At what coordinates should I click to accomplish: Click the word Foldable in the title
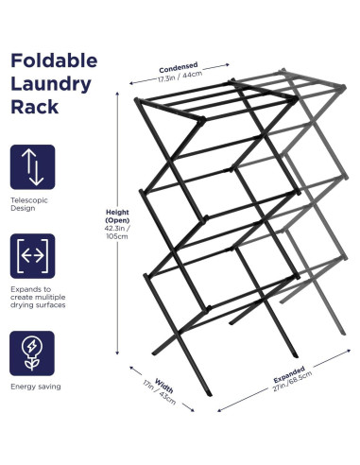[53, 61]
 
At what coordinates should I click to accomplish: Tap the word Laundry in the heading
[51, 84]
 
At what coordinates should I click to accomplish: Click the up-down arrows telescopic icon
[33, 165]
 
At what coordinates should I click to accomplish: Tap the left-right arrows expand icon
[33, 255]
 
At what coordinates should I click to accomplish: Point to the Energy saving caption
[37, 387]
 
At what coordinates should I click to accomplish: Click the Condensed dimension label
[179, 67]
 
